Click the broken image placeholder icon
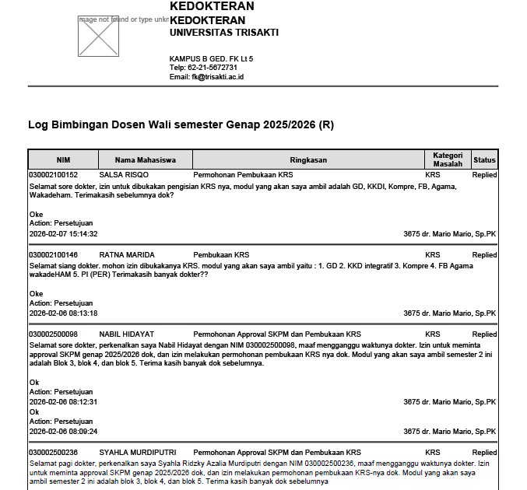pos(97,36)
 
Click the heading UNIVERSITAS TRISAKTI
pos(223,33)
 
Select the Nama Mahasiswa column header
pos(145,160)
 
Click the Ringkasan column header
pos(307,160)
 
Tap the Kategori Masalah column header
pos(448,159)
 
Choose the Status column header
pos(484,160)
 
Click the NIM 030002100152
pos(53,175)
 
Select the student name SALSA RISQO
pos(124,175)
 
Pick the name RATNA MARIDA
pos(127,255)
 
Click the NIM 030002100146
pos(53,255)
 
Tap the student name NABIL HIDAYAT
pos(128,334)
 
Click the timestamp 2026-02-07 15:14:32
pos(63,234)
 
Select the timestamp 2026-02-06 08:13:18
pos(63,313)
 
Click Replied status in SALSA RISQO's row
pos(484,175)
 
